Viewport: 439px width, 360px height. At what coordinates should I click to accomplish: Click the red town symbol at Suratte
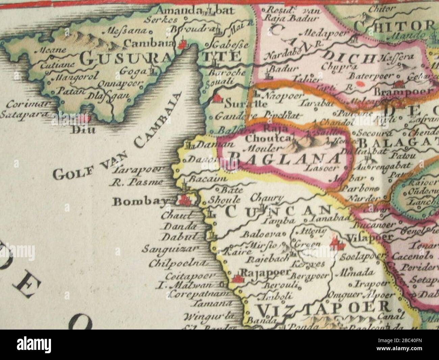(x=217, y=98)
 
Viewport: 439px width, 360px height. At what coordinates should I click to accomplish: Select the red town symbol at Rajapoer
(x=238, y=279)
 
